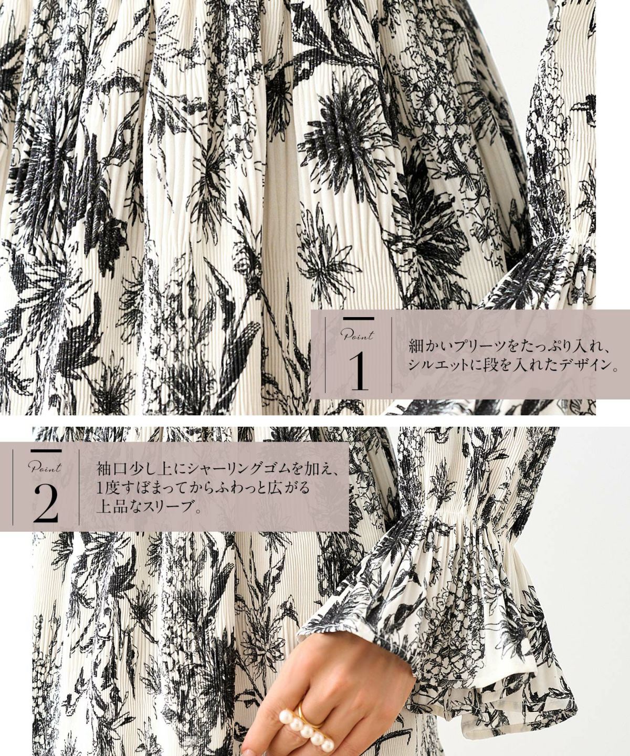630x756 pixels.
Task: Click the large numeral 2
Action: pos(46,503)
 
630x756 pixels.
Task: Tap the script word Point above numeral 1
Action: pos(357,335)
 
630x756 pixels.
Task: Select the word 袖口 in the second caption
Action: pos(112,470)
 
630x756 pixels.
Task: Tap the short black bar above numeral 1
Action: pos(359,319)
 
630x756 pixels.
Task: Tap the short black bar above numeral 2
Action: pos(46,451)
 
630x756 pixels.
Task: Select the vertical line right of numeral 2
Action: pos(79,487)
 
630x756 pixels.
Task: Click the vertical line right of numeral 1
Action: pos(392,355)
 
